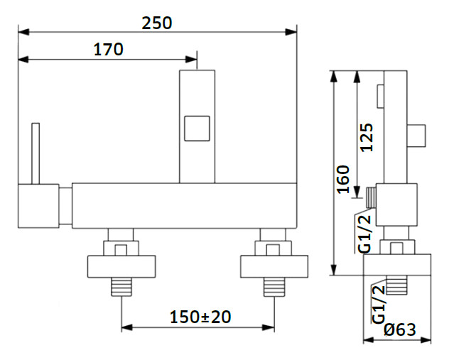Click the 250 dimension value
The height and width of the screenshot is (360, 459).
[x=156, y=23]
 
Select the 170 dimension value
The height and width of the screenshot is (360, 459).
[x=108, y=50]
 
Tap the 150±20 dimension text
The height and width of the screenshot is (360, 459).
[x=200, y=317]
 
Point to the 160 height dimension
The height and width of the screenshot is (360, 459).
[x=343, y=179]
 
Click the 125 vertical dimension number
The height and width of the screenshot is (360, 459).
[x=367, y=137]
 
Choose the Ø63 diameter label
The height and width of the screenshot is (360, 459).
[x=400, y=329]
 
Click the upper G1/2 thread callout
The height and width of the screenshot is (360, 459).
[x=364, y=234]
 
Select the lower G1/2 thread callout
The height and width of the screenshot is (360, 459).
[x=378, y=304]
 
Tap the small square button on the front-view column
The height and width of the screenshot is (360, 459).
[x=197, y=129]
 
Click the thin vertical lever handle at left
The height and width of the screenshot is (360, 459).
[x=36, y=153]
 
